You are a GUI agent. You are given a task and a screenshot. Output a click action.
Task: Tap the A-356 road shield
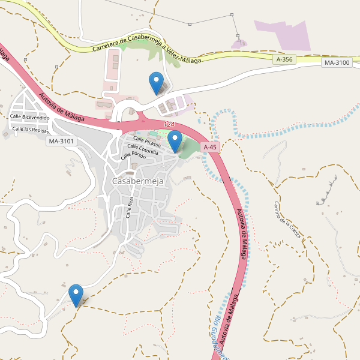click(285, 59)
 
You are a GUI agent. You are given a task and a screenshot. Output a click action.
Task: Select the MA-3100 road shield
click(335, 63)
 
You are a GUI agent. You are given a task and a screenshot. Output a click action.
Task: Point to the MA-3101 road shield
click(62, 141)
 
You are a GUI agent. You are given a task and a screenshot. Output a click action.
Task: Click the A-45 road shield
click(209, 147)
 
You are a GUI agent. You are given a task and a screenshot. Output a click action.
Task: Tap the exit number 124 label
click(169, 124)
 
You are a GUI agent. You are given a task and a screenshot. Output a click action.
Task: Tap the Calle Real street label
click(129, 207)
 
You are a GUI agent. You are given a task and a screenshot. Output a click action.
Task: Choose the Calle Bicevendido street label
click(29, 118)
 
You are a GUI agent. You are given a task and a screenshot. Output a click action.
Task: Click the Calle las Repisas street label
click(31, 129)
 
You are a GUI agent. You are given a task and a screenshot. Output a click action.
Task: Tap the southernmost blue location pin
click(76, 295)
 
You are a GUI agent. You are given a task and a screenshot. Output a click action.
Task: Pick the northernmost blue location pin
click(156, 82)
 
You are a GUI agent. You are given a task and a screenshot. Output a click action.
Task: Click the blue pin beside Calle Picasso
click(175, 140)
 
